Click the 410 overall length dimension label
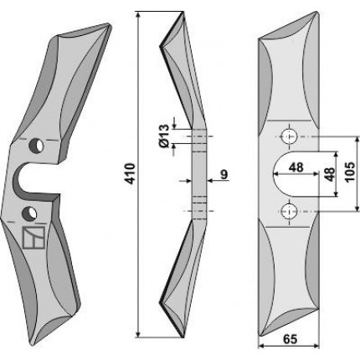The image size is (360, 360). pos(131,174)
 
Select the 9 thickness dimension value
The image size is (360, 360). pos(224,175)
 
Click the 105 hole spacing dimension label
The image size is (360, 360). pos(350,172)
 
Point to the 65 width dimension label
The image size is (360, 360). pos(291,339)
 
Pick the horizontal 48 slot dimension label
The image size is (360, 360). pos(296,167)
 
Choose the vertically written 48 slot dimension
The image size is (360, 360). pos(330,174)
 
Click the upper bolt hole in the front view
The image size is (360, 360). pos(289,136)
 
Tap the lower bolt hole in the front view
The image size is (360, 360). pos(289,211)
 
